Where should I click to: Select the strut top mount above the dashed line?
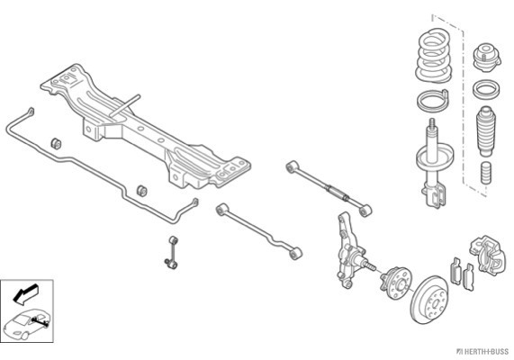(487, 58)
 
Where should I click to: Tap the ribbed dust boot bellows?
(486, 130)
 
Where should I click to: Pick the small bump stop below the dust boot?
(486, 173)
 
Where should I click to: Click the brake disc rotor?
(429, 300)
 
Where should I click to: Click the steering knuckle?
(350, 251)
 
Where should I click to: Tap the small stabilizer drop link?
(172, 252)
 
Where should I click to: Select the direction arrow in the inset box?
(25, 293)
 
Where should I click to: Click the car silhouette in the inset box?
(27, 324)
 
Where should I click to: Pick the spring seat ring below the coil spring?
(432, 100)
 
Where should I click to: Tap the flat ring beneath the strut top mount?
(486, 89)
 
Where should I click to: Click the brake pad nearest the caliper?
(469, 278)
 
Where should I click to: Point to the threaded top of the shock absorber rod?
(432, 125)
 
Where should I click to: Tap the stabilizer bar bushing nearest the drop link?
(141, 191)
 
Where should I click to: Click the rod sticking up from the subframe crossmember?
(124, 105)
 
